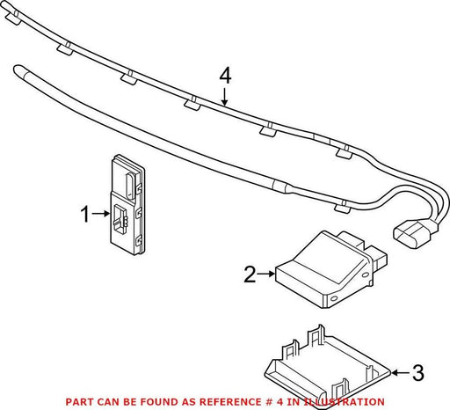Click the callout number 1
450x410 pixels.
(85, 214)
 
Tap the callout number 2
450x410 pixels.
(250, 275)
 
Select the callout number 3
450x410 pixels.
(418, 373)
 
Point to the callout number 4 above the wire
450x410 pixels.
(225, 76)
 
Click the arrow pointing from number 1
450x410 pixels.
(100, 214)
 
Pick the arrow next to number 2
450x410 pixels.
(266, 274)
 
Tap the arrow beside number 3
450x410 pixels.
(401, 373)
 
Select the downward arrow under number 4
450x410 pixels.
(224, 97)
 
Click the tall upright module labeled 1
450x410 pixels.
(127, 205)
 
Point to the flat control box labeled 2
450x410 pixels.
(330, 269)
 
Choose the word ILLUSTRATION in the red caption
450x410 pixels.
(344, 401)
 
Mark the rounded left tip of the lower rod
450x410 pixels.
(18, 70)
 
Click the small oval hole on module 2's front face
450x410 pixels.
(333, 299)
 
